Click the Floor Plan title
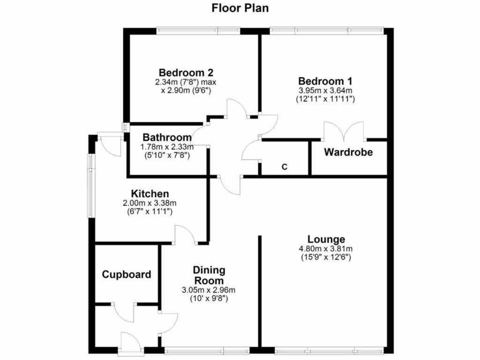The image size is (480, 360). click(x=240, y=8)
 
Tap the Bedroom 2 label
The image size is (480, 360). click(x=186, y=73)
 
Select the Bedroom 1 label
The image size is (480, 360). click(x=325, y=81)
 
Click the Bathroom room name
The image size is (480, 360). click(x=167, y=138)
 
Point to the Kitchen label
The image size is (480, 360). click(x=150, y=194)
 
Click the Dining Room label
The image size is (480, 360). click(x=210, y=275)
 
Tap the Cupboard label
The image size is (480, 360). click(x=127, y=275)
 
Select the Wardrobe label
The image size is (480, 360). click(x=348, y=152)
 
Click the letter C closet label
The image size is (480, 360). click(x=284, y=166)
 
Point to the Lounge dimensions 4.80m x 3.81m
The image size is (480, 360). click(x=326, y=249)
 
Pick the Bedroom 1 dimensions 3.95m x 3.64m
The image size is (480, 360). click(x=325, y=90)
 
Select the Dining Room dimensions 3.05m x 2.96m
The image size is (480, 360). click(x=209, y=290)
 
